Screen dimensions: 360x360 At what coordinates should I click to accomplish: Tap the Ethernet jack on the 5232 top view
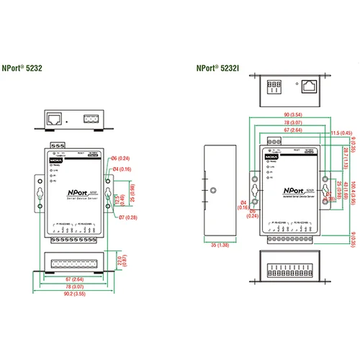click(x=55, y=116)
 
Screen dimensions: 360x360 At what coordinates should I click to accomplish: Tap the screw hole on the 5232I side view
click(x=213, y=192)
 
